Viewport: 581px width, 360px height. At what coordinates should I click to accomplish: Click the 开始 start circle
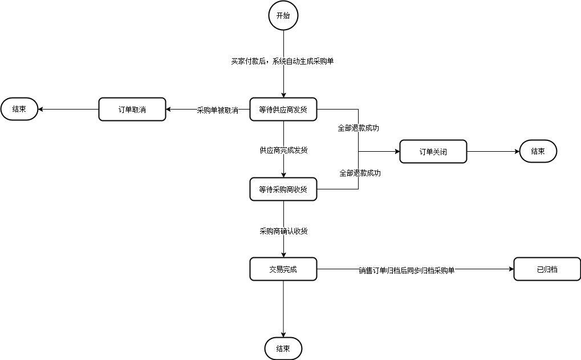point(283,15)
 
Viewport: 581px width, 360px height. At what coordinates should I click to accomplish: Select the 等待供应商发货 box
point(283,109)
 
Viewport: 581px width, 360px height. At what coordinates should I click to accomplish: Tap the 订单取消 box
point(132,109)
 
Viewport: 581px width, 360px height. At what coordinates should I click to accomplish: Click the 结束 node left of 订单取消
point(19,109)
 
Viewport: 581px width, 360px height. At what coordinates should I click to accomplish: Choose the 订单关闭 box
point(433,152)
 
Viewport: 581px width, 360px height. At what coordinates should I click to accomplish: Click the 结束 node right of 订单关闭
point(538,152)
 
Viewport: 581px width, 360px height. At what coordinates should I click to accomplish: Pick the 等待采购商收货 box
point(283,189)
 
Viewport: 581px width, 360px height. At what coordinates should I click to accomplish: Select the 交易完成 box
point(283,269)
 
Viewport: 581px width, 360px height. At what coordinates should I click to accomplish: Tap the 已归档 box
point(547,269)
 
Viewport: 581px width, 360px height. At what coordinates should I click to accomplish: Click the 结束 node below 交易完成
point(283,349)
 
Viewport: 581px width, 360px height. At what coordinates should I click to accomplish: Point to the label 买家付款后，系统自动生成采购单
point(282,61)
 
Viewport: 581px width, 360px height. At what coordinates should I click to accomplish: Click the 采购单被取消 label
point(217,110)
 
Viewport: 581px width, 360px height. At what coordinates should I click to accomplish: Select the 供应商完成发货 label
point(283,150)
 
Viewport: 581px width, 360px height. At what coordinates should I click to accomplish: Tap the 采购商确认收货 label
point(283,231)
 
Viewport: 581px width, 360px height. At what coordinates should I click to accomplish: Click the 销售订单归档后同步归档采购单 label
point(407,270)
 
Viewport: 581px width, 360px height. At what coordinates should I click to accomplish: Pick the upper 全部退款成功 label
point(358,128)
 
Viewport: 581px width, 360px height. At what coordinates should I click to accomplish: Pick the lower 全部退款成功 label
point(360,172)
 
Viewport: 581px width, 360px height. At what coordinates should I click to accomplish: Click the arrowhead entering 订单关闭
point(396,152)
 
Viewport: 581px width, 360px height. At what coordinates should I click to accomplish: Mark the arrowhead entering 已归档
point(510,269)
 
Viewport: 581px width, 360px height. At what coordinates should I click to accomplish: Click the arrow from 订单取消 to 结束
point(68,109)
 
